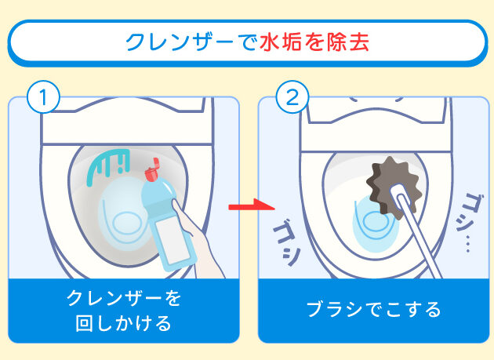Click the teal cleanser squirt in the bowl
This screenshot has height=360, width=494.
click(x=108, y=165)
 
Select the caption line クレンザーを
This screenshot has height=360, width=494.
click(x=123, y=298)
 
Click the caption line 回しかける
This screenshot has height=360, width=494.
click(x=123, y=322)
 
